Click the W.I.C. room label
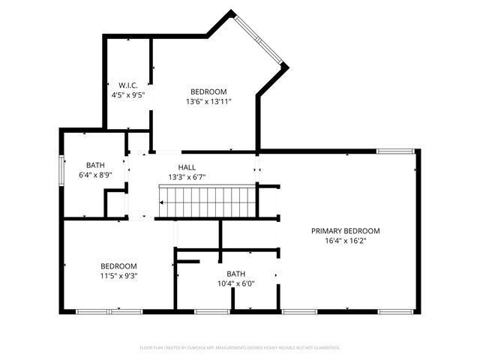tap(127, 85)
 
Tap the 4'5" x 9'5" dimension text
tap(127, 95)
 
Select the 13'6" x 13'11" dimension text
tap(208, 101)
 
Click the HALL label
tap(187, 167)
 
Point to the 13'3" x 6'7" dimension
tap(187, 178)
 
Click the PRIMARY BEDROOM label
tap(346, 231)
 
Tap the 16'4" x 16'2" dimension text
tap(346, 241)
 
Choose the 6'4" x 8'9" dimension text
tap(95, 175)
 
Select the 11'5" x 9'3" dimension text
tap(118, 276)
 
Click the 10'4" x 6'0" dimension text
tap(236, 283)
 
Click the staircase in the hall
tap(207, 202)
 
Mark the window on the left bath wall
tap(61, 169)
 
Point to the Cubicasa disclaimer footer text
tap(240, 347)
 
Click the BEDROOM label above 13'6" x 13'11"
tap(208, 91)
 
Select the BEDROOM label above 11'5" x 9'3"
tap(118, 265)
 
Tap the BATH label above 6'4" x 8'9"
tap(95, 164)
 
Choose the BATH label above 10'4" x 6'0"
tap(236, 274)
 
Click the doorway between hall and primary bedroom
tap(258, 165)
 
